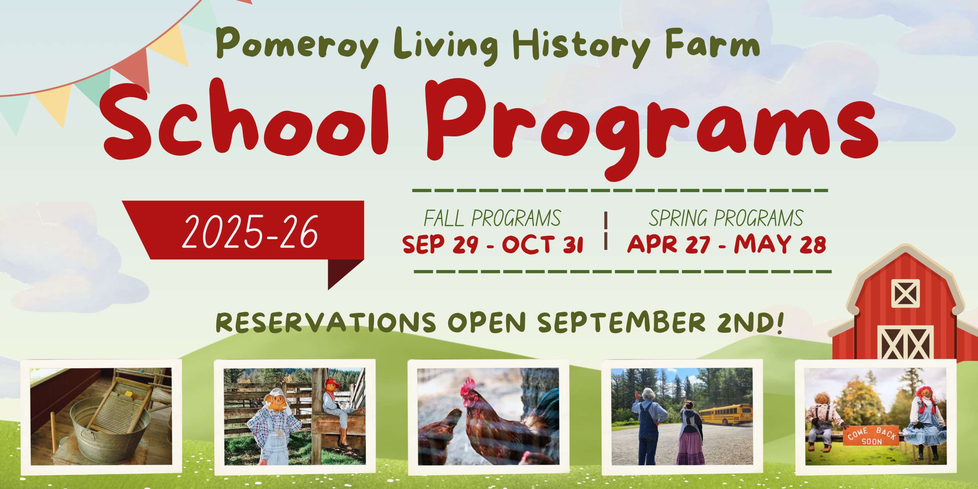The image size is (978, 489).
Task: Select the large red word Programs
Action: click(649, 126)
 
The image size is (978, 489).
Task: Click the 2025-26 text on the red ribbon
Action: click(250, 232)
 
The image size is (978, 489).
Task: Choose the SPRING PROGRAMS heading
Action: click(726, 219)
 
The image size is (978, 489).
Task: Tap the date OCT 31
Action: click(542, 244)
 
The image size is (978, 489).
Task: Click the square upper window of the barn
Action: click(905, 293)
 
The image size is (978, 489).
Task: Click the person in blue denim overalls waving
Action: click(648, 424)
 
